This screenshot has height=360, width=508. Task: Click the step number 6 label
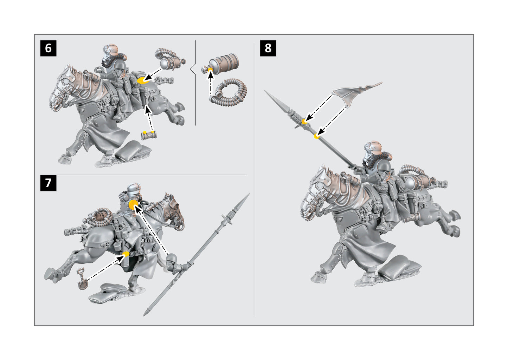pyautogui.click(x=48, y=48)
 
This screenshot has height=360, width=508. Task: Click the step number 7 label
pyautogui.click(x=48, y=183)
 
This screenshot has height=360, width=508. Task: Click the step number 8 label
pyautogui.click(x=268, y=48)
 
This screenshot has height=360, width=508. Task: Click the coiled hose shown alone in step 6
pyautogui.click(x=229, y=92)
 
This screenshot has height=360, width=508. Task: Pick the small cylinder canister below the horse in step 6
pyautogui.click(x=149, y=136)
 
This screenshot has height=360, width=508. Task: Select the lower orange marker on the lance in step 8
pyautogui.click(x=317, y=136)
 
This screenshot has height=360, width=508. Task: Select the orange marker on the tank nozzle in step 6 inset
pyautogui.click(x=210, y=70)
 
